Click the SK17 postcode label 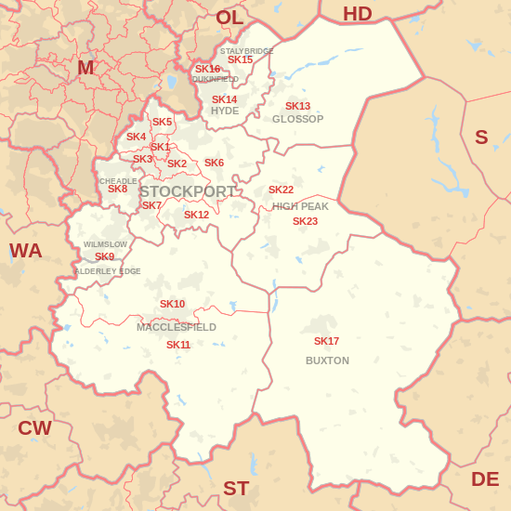[326, 341]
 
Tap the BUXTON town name [327, 360]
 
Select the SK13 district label [297, 106]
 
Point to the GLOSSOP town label [297, 119]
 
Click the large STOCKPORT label [188, 191]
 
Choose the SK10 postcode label [172, 304]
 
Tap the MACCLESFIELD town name [177, 327]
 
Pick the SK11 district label [178, 345]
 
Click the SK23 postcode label [305, 221]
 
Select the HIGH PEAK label [300, 206]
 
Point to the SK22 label [281, 190]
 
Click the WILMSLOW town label [105, 244]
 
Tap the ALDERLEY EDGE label [107, 271]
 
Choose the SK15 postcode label [240, 59]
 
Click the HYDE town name [225, 111]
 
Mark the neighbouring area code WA [26, 250]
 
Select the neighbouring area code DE [485, 478]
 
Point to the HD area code [357, 14]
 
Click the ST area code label [236, 488]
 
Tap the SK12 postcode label [196, 215]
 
